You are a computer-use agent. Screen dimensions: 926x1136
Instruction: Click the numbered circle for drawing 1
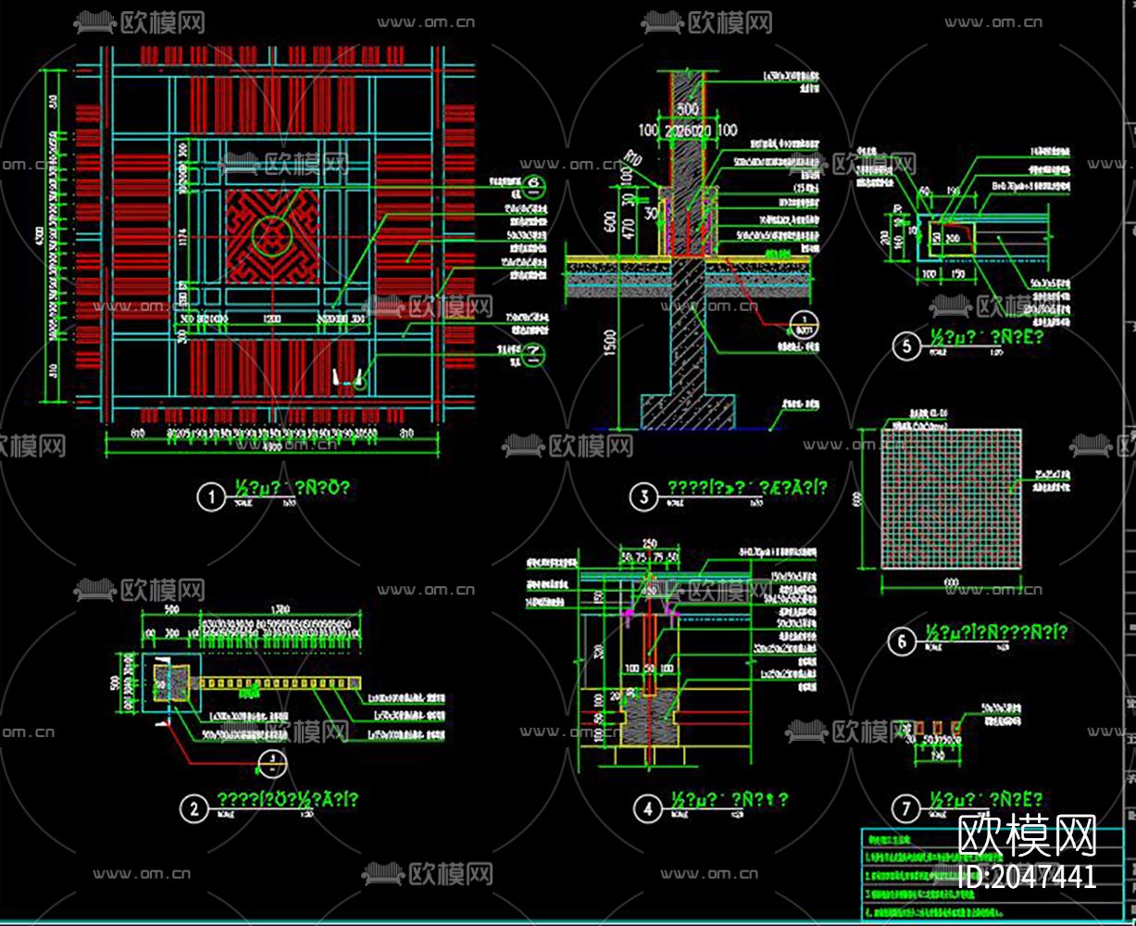pos(212,498)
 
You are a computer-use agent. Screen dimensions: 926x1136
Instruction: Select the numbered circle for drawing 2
pos(193,809)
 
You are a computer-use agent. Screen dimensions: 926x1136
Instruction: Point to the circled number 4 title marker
pos(647,808)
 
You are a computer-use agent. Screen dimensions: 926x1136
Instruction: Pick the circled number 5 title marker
pos(905,346)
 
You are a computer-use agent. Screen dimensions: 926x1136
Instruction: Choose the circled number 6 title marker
pos(901,642)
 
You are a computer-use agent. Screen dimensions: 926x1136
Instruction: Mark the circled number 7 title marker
pos(905,808)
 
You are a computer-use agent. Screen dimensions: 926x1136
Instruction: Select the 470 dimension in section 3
pos(628,228)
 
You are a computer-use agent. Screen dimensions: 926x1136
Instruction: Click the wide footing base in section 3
pos(687,411)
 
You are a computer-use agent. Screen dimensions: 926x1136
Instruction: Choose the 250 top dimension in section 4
pos(648,543)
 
